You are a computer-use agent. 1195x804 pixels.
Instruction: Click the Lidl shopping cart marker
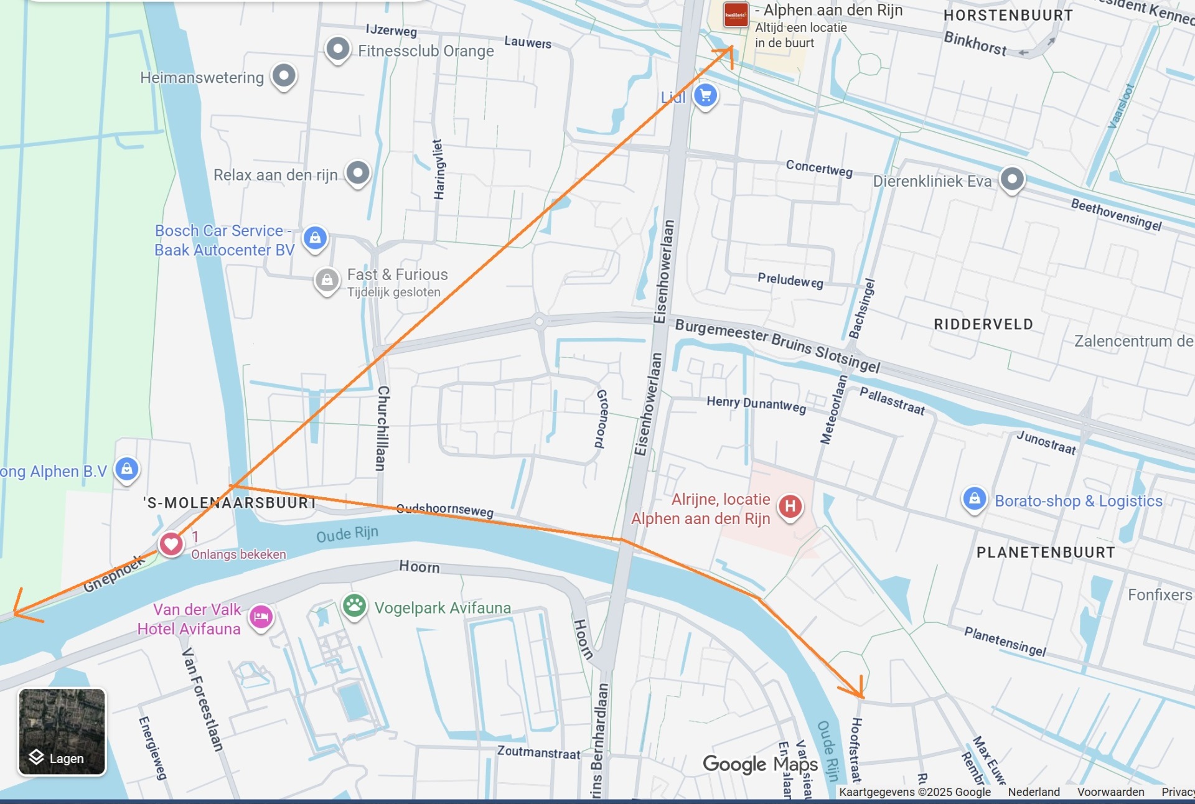705,96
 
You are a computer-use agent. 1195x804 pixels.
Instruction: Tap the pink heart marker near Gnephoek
171,544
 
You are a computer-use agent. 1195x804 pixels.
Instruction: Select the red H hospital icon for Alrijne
790,506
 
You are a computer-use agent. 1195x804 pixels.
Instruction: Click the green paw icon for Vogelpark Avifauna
354,605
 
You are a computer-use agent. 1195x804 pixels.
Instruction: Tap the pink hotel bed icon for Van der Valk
261,617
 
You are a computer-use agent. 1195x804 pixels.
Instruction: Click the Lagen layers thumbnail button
62,731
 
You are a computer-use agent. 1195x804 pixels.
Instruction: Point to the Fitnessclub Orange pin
338,49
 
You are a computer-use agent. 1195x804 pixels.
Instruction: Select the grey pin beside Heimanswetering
284,76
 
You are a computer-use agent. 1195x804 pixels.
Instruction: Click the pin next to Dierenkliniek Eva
1012,179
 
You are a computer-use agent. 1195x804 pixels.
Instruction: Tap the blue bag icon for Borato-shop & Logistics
974,499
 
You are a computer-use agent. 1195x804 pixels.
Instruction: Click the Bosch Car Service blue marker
315,238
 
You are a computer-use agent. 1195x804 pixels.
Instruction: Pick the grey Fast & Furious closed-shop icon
327,281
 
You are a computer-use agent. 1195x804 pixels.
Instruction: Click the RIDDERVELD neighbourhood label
983,324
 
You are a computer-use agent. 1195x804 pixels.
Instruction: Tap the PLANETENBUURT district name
1045,552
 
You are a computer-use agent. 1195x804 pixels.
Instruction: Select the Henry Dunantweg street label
756,404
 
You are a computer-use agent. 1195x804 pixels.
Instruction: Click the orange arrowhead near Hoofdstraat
858,691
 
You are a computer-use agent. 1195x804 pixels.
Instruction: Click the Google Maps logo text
759,764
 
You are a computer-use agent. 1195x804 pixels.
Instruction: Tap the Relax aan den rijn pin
358,173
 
